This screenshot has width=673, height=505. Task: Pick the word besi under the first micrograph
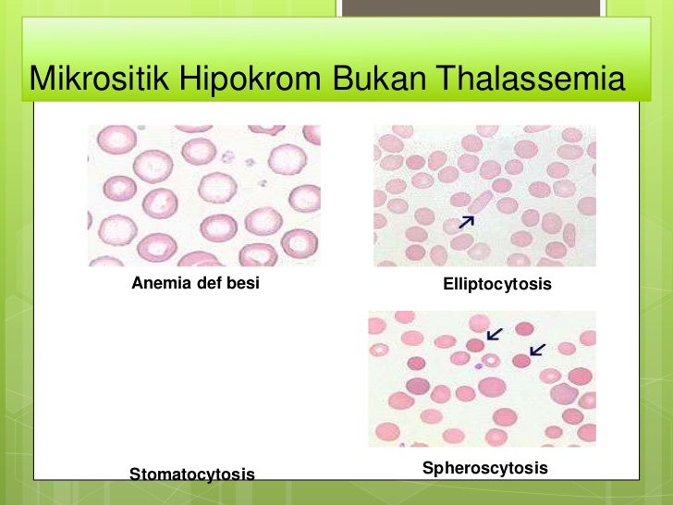pos(243,283)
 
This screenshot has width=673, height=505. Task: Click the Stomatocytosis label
pos(191,474)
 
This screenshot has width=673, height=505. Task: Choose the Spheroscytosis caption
pos(484,468)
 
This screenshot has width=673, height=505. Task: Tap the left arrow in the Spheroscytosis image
pos(496,333)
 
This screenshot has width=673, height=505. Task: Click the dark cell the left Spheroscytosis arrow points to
pos(475,345)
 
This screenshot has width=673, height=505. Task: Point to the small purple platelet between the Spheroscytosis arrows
pos(479,366)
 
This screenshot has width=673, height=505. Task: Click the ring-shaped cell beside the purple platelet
pos(491,360)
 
